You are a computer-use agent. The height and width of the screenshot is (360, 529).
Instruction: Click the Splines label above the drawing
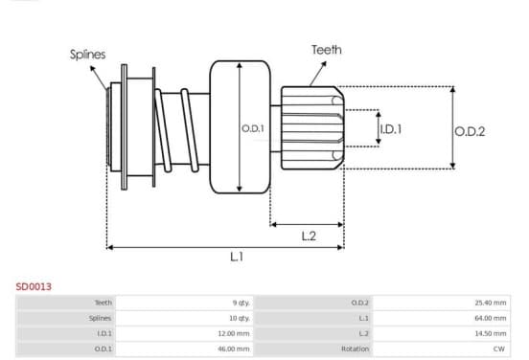click(x=88, y=55)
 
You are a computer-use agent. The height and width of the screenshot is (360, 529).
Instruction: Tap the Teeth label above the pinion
click(x=326, y=50)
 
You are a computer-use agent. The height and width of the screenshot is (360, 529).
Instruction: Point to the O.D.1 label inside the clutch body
click(x=253, y=128)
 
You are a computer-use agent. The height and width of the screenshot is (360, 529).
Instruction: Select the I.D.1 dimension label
click(x=391, y=129)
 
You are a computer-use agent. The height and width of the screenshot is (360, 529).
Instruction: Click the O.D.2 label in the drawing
click(x=470, y=131)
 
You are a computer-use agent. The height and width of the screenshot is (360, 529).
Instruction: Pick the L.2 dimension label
click(x=309, y=236)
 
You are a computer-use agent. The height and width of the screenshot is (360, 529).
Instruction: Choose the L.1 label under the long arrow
click(x=237, y=257)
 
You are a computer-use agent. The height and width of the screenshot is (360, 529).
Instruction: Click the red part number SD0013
click(x=34, y=287)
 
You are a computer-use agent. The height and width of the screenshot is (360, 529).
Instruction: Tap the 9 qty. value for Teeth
click(x=241, y=303)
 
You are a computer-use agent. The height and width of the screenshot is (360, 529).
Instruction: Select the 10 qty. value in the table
click(x=240, y=318)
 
